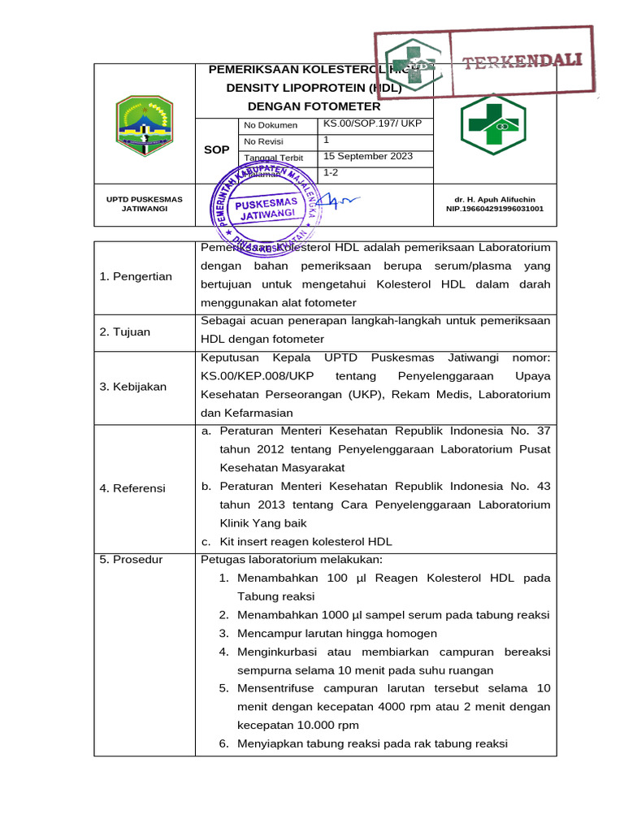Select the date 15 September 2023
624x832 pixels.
point(368,155)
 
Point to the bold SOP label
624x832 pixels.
point(216,149)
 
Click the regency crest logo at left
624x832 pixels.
point(144,126)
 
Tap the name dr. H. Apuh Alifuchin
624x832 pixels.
point(495,199)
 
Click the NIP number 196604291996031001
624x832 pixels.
point(495,209)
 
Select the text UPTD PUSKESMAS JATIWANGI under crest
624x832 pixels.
point(145,204)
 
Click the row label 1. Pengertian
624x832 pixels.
point(136,277)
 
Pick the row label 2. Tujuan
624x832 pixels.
point(127,331)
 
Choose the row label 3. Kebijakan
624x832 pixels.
point(133,387)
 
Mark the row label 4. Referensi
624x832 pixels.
point(132,488)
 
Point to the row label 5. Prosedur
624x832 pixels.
point(131,560)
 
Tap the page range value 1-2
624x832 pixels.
point(331,172)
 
